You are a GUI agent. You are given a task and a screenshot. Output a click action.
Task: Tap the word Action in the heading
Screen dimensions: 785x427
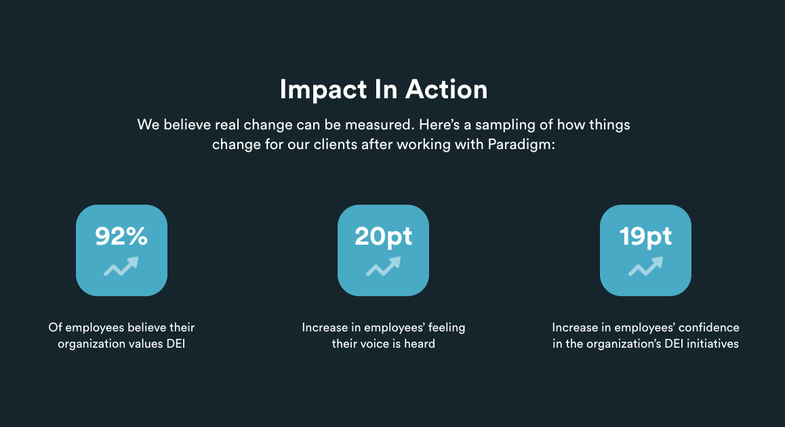pyautogui.click(x=446, y=89)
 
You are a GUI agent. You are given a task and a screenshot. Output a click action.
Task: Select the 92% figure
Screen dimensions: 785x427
pyautogui.click(x=121, y=236)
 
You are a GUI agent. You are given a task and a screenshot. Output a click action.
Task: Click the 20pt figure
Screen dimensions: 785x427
pyautogui.click(x=383, y=237)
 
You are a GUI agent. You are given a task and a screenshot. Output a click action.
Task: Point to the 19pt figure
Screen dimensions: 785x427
pyautogui.click(x=645, y=237)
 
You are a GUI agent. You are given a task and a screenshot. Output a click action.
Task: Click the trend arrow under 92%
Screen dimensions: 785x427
pyautogui.click(x=121, y=266)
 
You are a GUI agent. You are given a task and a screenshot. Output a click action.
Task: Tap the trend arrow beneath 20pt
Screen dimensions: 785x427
pyautogui.click(x=383, y=266)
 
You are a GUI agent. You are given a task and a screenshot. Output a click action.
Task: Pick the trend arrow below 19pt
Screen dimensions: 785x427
pyautogui.click(x=645, y=266)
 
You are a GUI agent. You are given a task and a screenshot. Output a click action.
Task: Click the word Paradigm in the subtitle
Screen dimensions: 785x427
pyautogui.click(x=521, y=145)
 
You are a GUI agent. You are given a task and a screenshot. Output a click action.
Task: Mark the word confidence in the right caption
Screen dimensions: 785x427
pyautogui.click(x=708, y=327)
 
